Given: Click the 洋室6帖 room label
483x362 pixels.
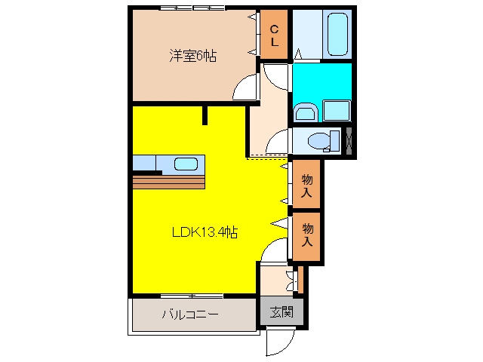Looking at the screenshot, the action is [x=193, y=56].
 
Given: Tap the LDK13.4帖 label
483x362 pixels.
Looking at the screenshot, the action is [x=205, y=232].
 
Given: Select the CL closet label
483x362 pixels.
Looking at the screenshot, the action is [x=274, y=35].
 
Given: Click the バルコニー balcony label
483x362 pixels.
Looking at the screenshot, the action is [x=190, y=314].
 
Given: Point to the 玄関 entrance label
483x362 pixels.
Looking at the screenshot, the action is [x=281, y=311].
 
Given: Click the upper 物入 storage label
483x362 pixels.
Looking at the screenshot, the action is [x=306, y=186].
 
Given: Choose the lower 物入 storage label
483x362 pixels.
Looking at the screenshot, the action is [x=307, y=235].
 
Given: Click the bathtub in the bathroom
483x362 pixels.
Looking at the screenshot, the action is [x=337, y=34].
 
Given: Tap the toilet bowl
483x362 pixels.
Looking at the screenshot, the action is [x=320, y=141].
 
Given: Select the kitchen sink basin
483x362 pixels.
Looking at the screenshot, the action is [x=186, y=164].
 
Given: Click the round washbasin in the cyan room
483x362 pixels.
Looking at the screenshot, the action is [x=306, y=112].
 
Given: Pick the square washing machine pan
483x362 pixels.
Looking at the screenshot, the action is [x=337, y=111].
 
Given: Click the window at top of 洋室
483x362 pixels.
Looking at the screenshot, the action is [x=192, y=8].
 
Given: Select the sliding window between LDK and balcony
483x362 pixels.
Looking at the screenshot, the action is [x=192, y=296].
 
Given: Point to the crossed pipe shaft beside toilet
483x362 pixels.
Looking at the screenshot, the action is [x=349, y=140].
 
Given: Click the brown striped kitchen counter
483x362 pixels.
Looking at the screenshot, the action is [x=169, y=183].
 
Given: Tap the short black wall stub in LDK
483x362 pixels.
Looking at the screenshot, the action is [x=205, y=115].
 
